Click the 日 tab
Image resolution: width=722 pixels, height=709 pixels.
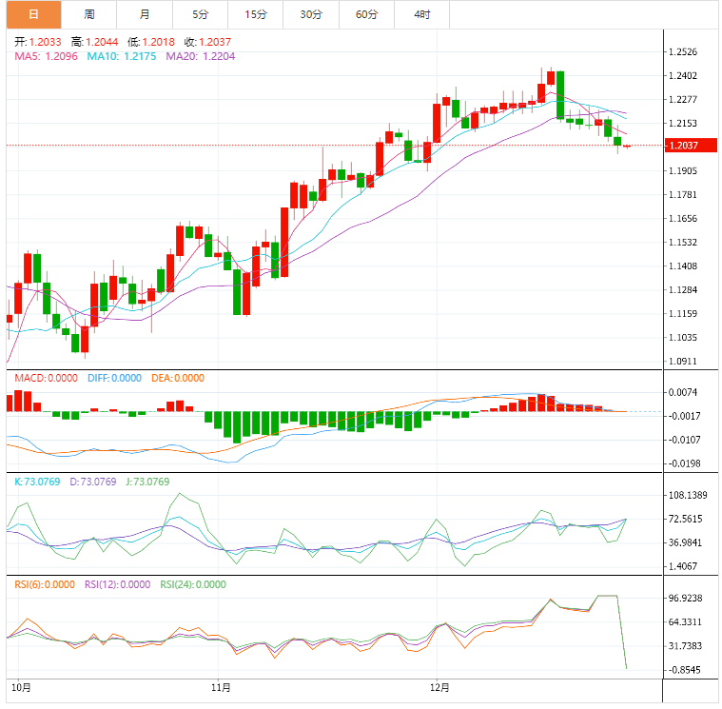(x=33, y=14)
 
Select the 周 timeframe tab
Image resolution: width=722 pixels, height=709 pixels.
(x=88, y=14)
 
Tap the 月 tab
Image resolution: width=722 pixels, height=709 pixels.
(x=144, y=14)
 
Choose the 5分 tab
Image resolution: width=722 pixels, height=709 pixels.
(x=200, y=14)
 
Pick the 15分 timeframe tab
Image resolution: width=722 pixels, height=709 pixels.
(x=255, y=14)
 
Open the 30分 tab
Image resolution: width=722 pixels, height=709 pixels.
(x=310, y=14)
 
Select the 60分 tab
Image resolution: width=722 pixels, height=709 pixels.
(x=366, y=14)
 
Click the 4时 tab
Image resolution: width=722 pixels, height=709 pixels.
(x=421, y=14)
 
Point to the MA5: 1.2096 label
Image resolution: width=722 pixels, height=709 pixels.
(x=47, y=56)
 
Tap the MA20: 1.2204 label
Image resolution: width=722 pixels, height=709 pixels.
(x=201, y=56)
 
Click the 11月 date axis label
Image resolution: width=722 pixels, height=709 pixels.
(x=222, y=685)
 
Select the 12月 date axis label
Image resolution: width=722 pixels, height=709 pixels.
(x=439, y=685)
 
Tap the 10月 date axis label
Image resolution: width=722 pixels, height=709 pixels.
(x=21, y=685)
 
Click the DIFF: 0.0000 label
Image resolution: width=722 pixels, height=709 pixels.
(x=112, y=378)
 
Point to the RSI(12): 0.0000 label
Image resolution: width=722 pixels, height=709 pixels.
(x=117, y=584)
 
